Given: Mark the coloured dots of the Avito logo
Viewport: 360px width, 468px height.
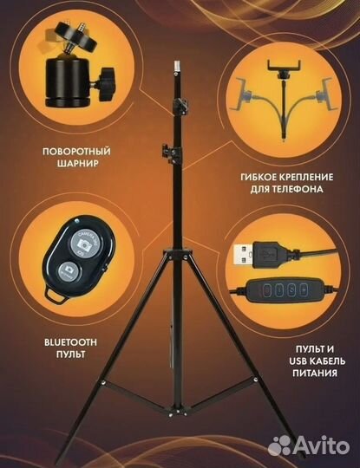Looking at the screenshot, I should tap(281, 445).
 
